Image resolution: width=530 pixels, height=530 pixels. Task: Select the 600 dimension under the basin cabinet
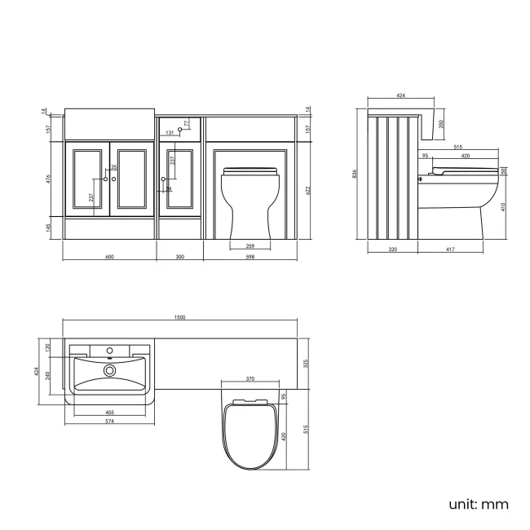click(110, 257)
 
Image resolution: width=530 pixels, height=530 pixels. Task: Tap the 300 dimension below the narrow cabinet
click(180, 257)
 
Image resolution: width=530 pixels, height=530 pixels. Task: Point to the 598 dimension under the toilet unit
click(250, 257)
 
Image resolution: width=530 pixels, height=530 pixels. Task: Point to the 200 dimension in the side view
click(441, 124)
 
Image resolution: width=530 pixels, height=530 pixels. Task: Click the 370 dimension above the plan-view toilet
click(250, 379)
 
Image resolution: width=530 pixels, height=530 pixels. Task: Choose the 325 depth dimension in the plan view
click(306, 364)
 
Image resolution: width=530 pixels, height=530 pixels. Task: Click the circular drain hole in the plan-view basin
click(108, 371)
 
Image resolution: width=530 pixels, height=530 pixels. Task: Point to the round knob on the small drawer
click(179, 130)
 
